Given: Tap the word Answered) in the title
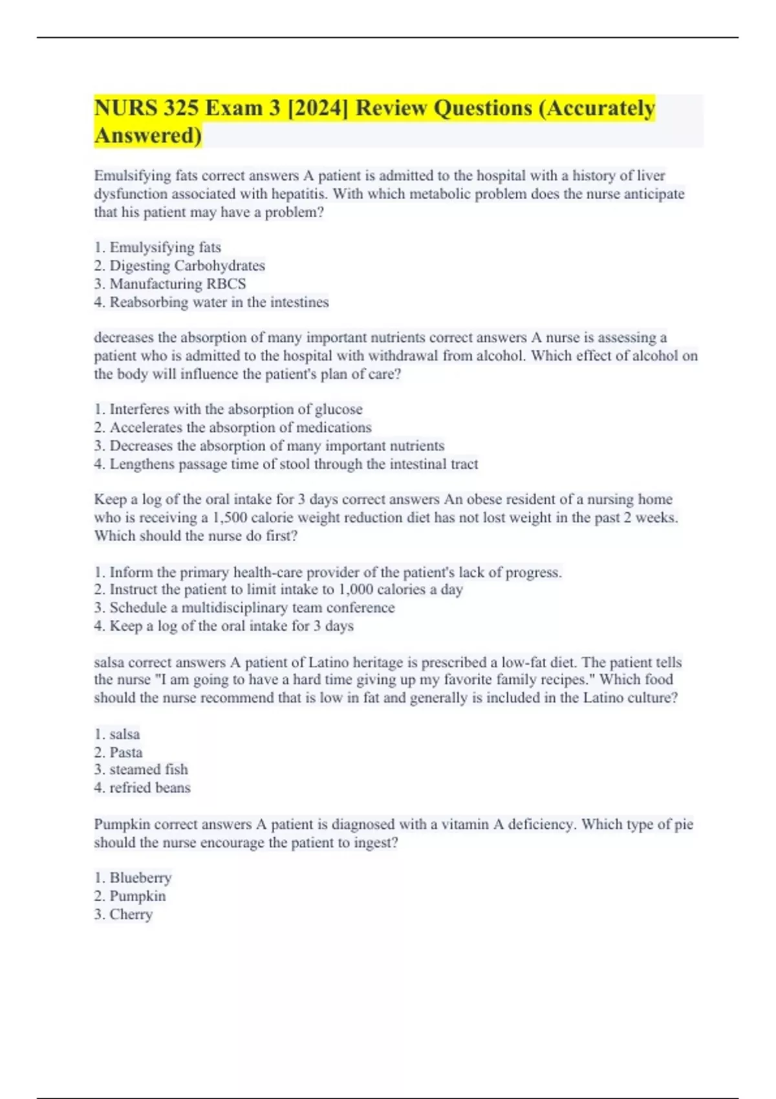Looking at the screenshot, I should point(148,136).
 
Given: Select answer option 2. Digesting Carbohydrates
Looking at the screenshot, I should point(179,266).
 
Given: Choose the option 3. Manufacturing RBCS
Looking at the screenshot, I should point(170,284).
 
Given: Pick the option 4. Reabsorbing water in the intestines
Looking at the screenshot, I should point(211,302).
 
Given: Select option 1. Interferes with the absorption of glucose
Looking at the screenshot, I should point(228,409).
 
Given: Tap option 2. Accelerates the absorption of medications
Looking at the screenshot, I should point(233,427).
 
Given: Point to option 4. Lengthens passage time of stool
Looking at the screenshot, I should point(286,464).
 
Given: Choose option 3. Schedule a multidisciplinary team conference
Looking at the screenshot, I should point(244,608).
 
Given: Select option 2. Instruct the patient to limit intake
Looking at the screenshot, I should point(278,590).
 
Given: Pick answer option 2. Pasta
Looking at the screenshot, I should point(118,752).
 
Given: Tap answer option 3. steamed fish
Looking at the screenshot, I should point(141,769).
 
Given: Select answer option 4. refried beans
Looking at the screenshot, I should point(142,787).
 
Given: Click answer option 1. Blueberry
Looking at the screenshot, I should point(133,878).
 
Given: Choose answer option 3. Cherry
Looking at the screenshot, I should point(124,914).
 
